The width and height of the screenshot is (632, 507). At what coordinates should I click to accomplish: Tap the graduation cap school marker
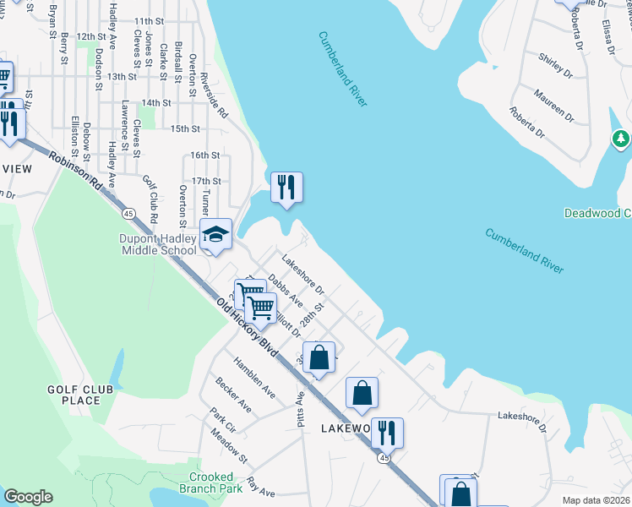pos(215,235)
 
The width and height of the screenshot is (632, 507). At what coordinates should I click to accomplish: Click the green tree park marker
pos(622,138)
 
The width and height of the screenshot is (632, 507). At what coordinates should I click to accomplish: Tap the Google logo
pos(28,497)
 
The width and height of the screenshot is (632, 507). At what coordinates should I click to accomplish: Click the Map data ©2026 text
pos(596,499)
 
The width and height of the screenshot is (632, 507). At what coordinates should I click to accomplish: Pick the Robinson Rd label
pos(75,170)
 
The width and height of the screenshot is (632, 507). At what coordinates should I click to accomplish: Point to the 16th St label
pos(204,155)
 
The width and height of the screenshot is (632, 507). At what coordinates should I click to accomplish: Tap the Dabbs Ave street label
pos(285,288)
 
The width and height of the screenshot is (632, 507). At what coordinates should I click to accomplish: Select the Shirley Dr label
pos(555,64)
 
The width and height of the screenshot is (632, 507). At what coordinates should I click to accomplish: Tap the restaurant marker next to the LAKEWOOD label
pos(387,433)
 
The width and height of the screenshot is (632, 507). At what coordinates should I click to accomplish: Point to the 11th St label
pos(148,21)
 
